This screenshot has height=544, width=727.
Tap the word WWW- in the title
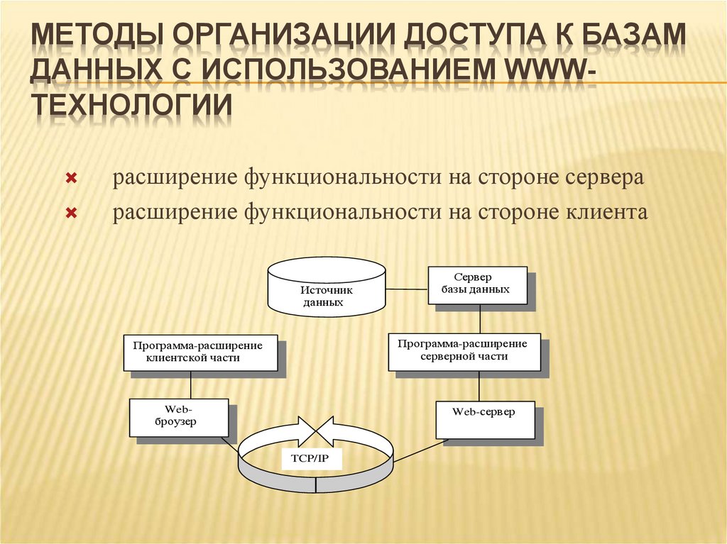click(x=546, y=70)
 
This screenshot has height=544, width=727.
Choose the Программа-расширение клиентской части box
click(x=200, y=352)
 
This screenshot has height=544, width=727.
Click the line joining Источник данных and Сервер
click(x=407, y=289)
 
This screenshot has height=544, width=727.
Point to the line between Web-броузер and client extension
click(x=191, y=384)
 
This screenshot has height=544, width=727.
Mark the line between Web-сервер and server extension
click(x=479, y=385)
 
